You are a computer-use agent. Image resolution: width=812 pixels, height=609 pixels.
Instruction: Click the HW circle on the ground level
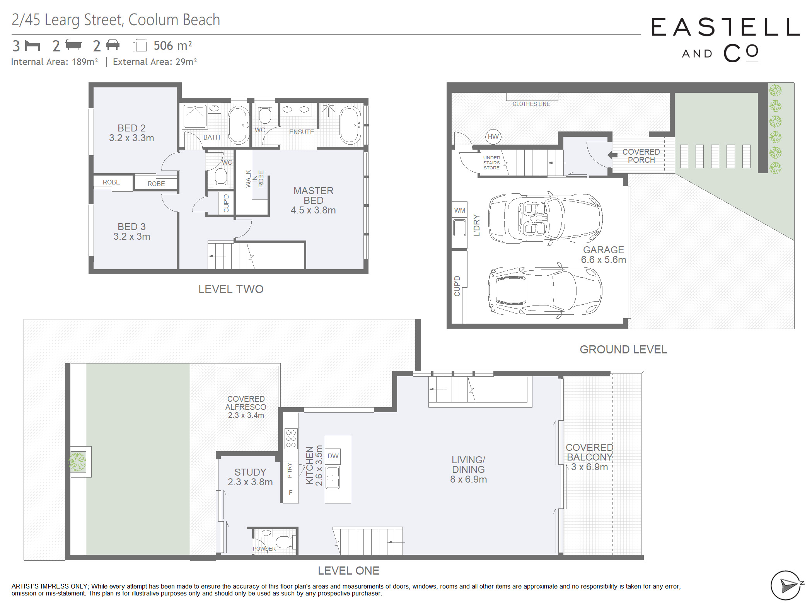493,136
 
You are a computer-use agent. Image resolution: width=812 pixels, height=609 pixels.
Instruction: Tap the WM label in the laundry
460,210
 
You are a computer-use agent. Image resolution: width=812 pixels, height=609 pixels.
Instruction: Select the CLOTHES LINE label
531,104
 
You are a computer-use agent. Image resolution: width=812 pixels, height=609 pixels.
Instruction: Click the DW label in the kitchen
333,456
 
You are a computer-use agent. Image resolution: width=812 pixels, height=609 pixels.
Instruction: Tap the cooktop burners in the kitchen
291,438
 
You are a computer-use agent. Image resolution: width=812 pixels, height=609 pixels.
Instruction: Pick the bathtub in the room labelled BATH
239,125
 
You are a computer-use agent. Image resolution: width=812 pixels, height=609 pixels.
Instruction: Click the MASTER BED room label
314,196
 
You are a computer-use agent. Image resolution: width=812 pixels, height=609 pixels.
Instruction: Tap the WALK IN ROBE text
255,179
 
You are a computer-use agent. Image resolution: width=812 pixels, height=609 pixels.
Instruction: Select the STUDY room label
250,472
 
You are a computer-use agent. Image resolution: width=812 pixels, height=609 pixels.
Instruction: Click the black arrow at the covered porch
612,155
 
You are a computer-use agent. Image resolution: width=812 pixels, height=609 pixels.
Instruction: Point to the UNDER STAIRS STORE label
491,163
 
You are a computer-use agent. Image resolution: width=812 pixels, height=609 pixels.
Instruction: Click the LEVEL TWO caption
231,289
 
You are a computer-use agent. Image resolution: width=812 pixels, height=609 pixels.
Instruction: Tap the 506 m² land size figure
173,46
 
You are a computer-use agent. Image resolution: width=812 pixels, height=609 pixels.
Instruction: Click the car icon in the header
113,45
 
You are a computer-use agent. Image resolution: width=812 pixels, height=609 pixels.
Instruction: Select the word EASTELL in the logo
725,27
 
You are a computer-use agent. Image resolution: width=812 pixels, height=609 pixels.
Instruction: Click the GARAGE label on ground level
604,250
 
